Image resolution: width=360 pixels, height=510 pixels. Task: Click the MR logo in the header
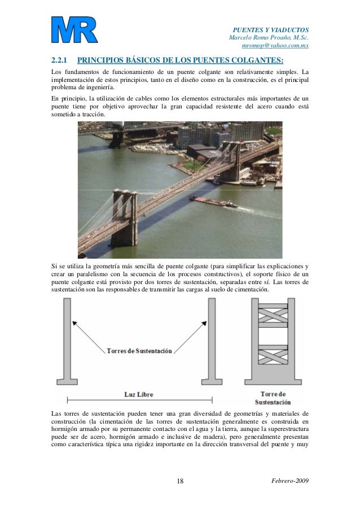[74, 30]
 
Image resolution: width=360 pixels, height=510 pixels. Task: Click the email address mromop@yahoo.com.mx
[275, 46]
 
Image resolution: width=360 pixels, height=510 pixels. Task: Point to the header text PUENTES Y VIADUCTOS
[271, 29]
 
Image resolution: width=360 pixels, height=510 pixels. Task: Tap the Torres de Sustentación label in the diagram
[139, 351]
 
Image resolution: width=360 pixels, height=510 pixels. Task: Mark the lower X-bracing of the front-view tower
[273, 356]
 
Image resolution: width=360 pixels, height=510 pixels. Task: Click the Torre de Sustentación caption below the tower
[273, 398]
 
